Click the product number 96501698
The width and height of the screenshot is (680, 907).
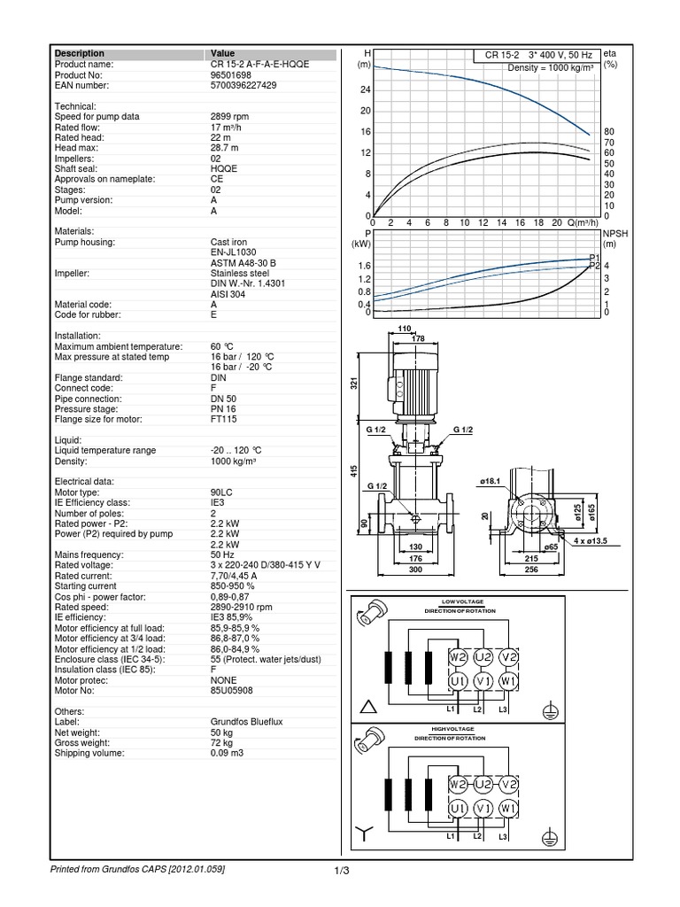click(x=229, y=74)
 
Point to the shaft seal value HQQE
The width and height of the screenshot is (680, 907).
click(x=223, y=168)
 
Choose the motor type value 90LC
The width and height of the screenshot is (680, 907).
click(x=221, y=492)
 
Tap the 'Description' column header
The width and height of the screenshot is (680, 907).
click(x=80, y=54)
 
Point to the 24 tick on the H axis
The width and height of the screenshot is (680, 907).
click(x=364, y=90)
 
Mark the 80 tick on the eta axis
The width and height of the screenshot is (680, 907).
click(x=609, y=132)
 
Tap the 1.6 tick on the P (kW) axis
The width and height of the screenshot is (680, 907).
click(x=363, y=266)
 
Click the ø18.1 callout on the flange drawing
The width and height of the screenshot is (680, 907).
click(x=492, y=481)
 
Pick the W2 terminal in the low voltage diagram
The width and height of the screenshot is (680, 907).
click(x=457, y=658)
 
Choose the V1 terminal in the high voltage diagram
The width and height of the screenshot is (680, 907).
click(x=483, y=809)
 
